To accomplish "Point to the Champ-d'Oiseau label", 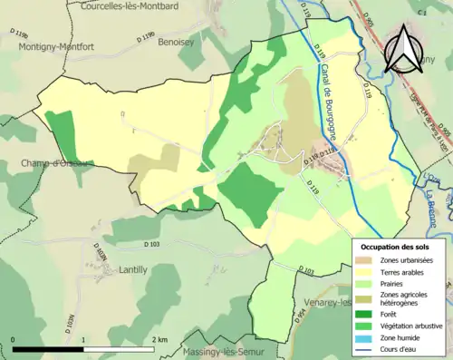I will (x=34, y=163).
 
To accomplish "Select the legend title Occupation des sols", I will (x=399, y=247).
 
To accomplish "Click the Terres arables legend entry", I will (x=402, y=272).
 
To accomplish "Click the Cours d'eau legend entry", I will (x=398, y=346).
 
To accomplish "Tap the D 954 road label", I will (x=296, y=314).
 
